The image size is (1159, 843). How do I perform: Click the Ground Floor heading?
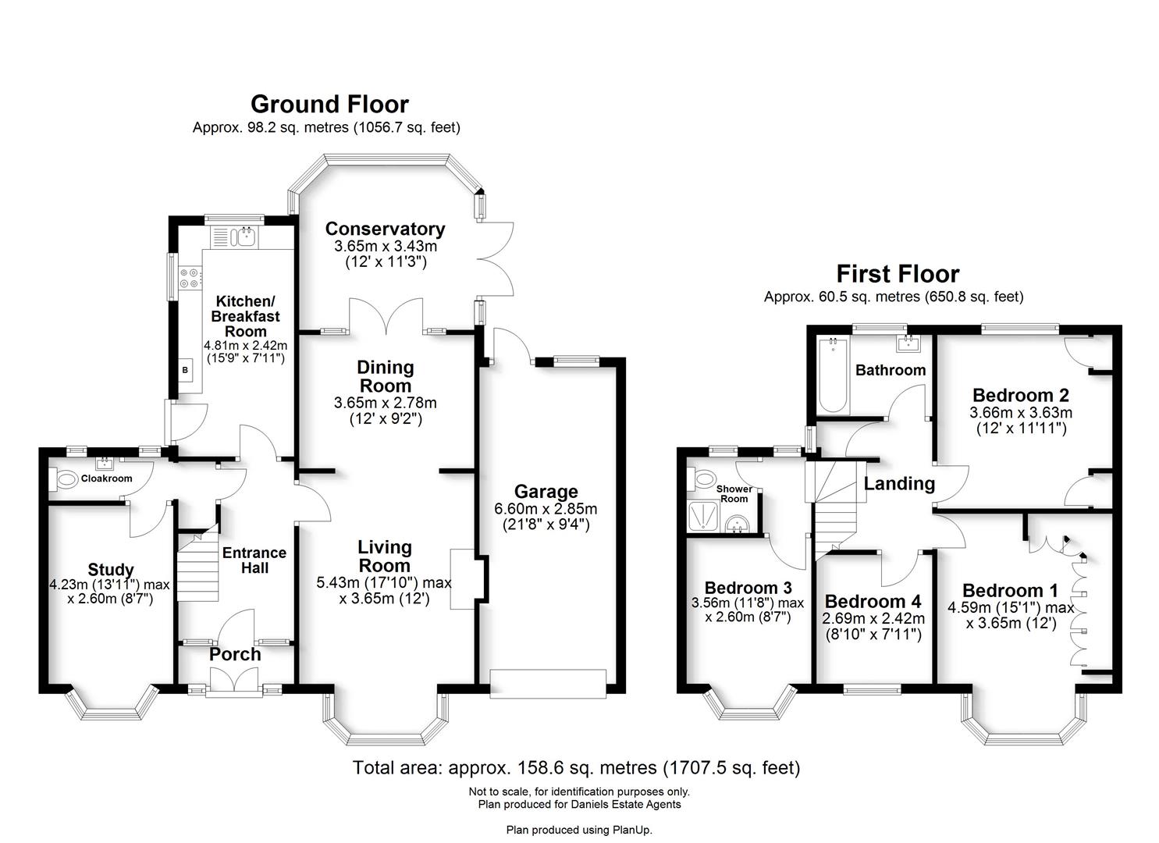coord(329,105)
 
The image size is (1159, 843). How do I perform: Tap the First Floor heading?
coord(898,274)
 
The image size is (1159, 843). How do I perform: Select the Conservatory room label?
coord(385,229)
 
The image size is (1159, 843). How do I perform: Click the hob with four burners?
coord(190,278)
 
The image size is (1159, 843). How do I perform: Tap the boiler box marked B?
coord(186,370)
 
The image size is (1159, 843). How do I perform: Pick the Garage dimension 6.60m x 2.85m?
coord(545,509)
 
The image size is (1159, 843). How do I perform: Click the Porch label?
coord(235,654)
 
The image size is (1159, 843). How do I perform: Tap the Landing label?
coord(899,484)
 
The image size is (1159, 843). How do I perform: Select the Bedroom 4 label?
coord(873,602)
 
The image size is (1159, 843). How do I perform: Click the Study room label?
coord(110,570)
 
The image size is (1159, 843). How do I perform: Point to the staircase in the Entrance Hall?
coord(196,568)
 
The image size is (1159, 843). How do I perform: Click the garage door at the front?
coord(547,683)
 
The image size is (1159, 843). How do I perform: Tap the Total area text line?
coord(576,768)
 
